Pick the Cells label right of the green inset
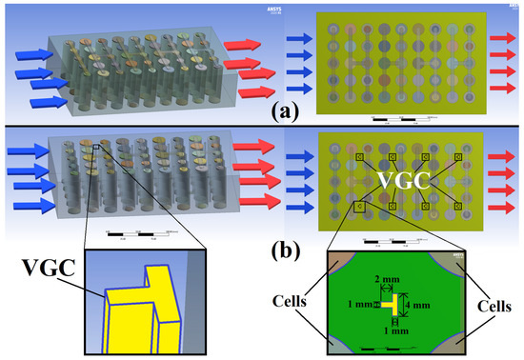tap(496, 308)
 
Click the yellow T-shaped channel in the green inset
tap(393, 305)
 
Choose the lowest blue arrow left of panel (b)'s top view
tap(304, 207)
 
